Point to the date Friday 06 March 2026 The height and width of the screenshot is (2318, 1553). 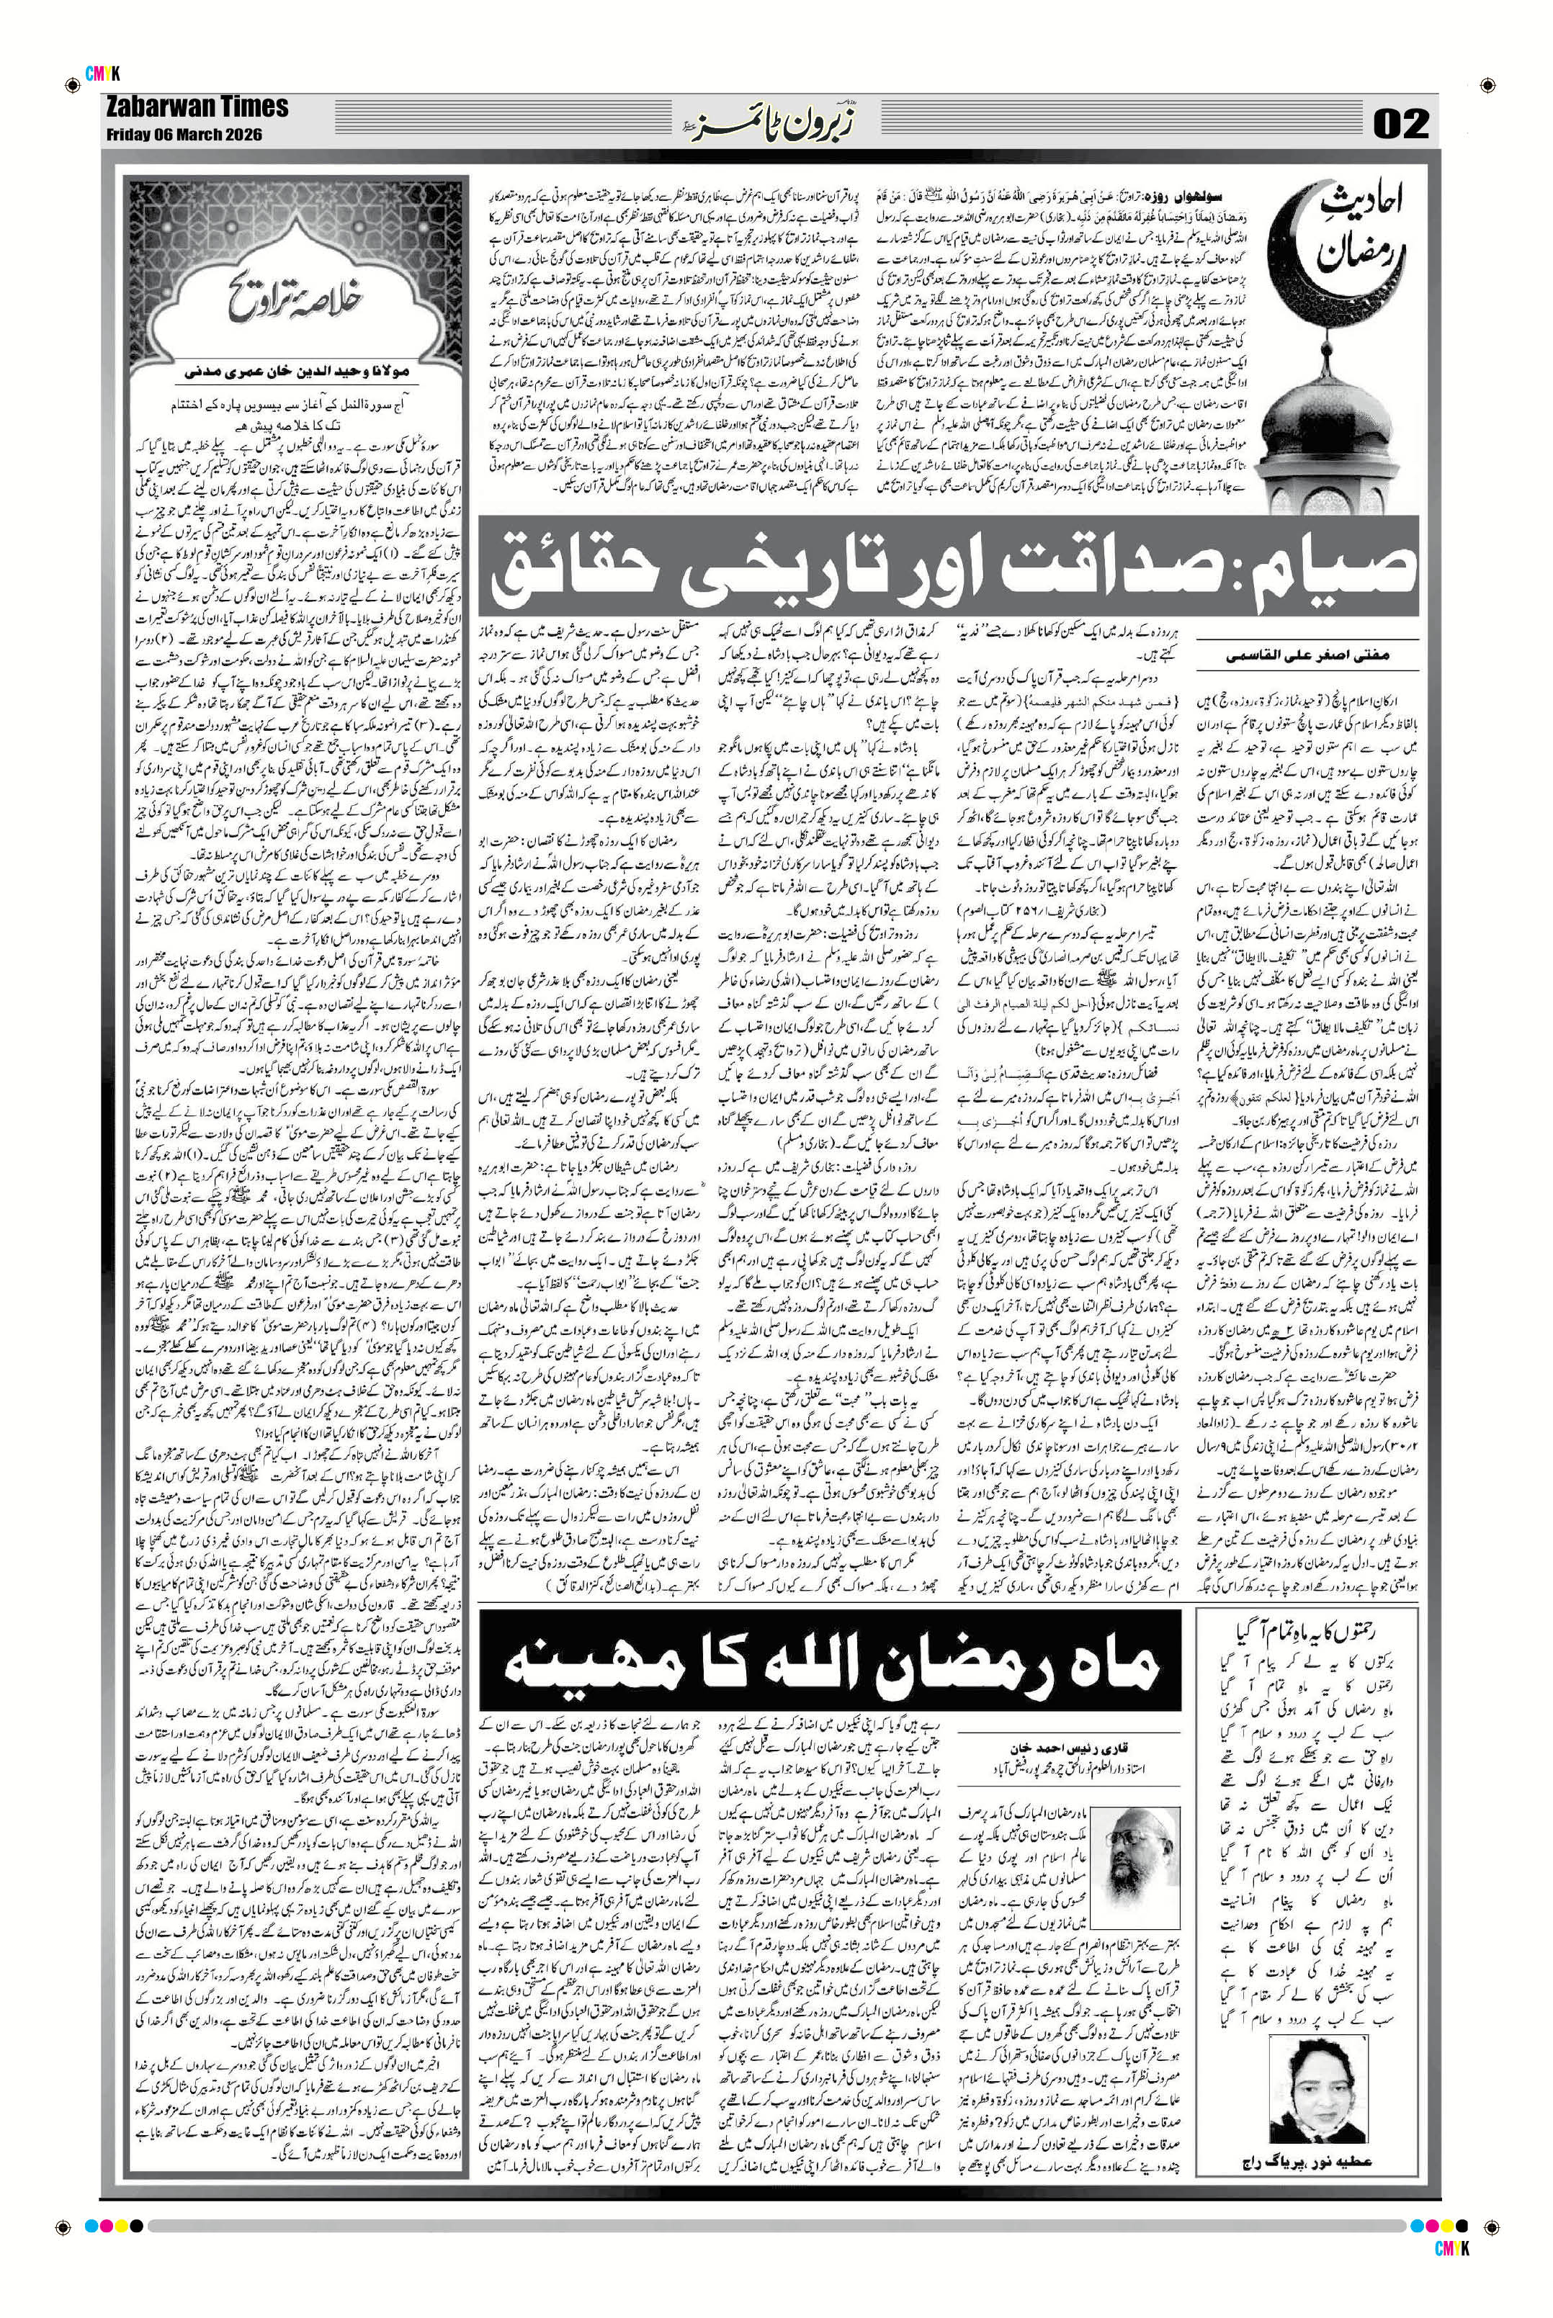tap(184, 135)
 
